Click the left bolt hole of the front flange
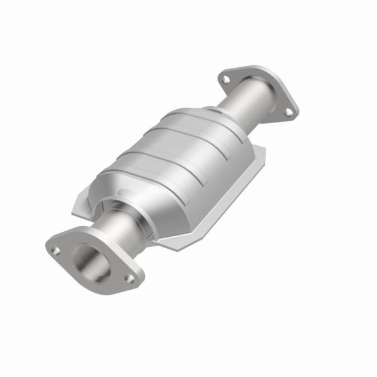click(x=56, y=251)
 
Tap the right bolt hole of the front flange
click(x=130, y=277)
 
